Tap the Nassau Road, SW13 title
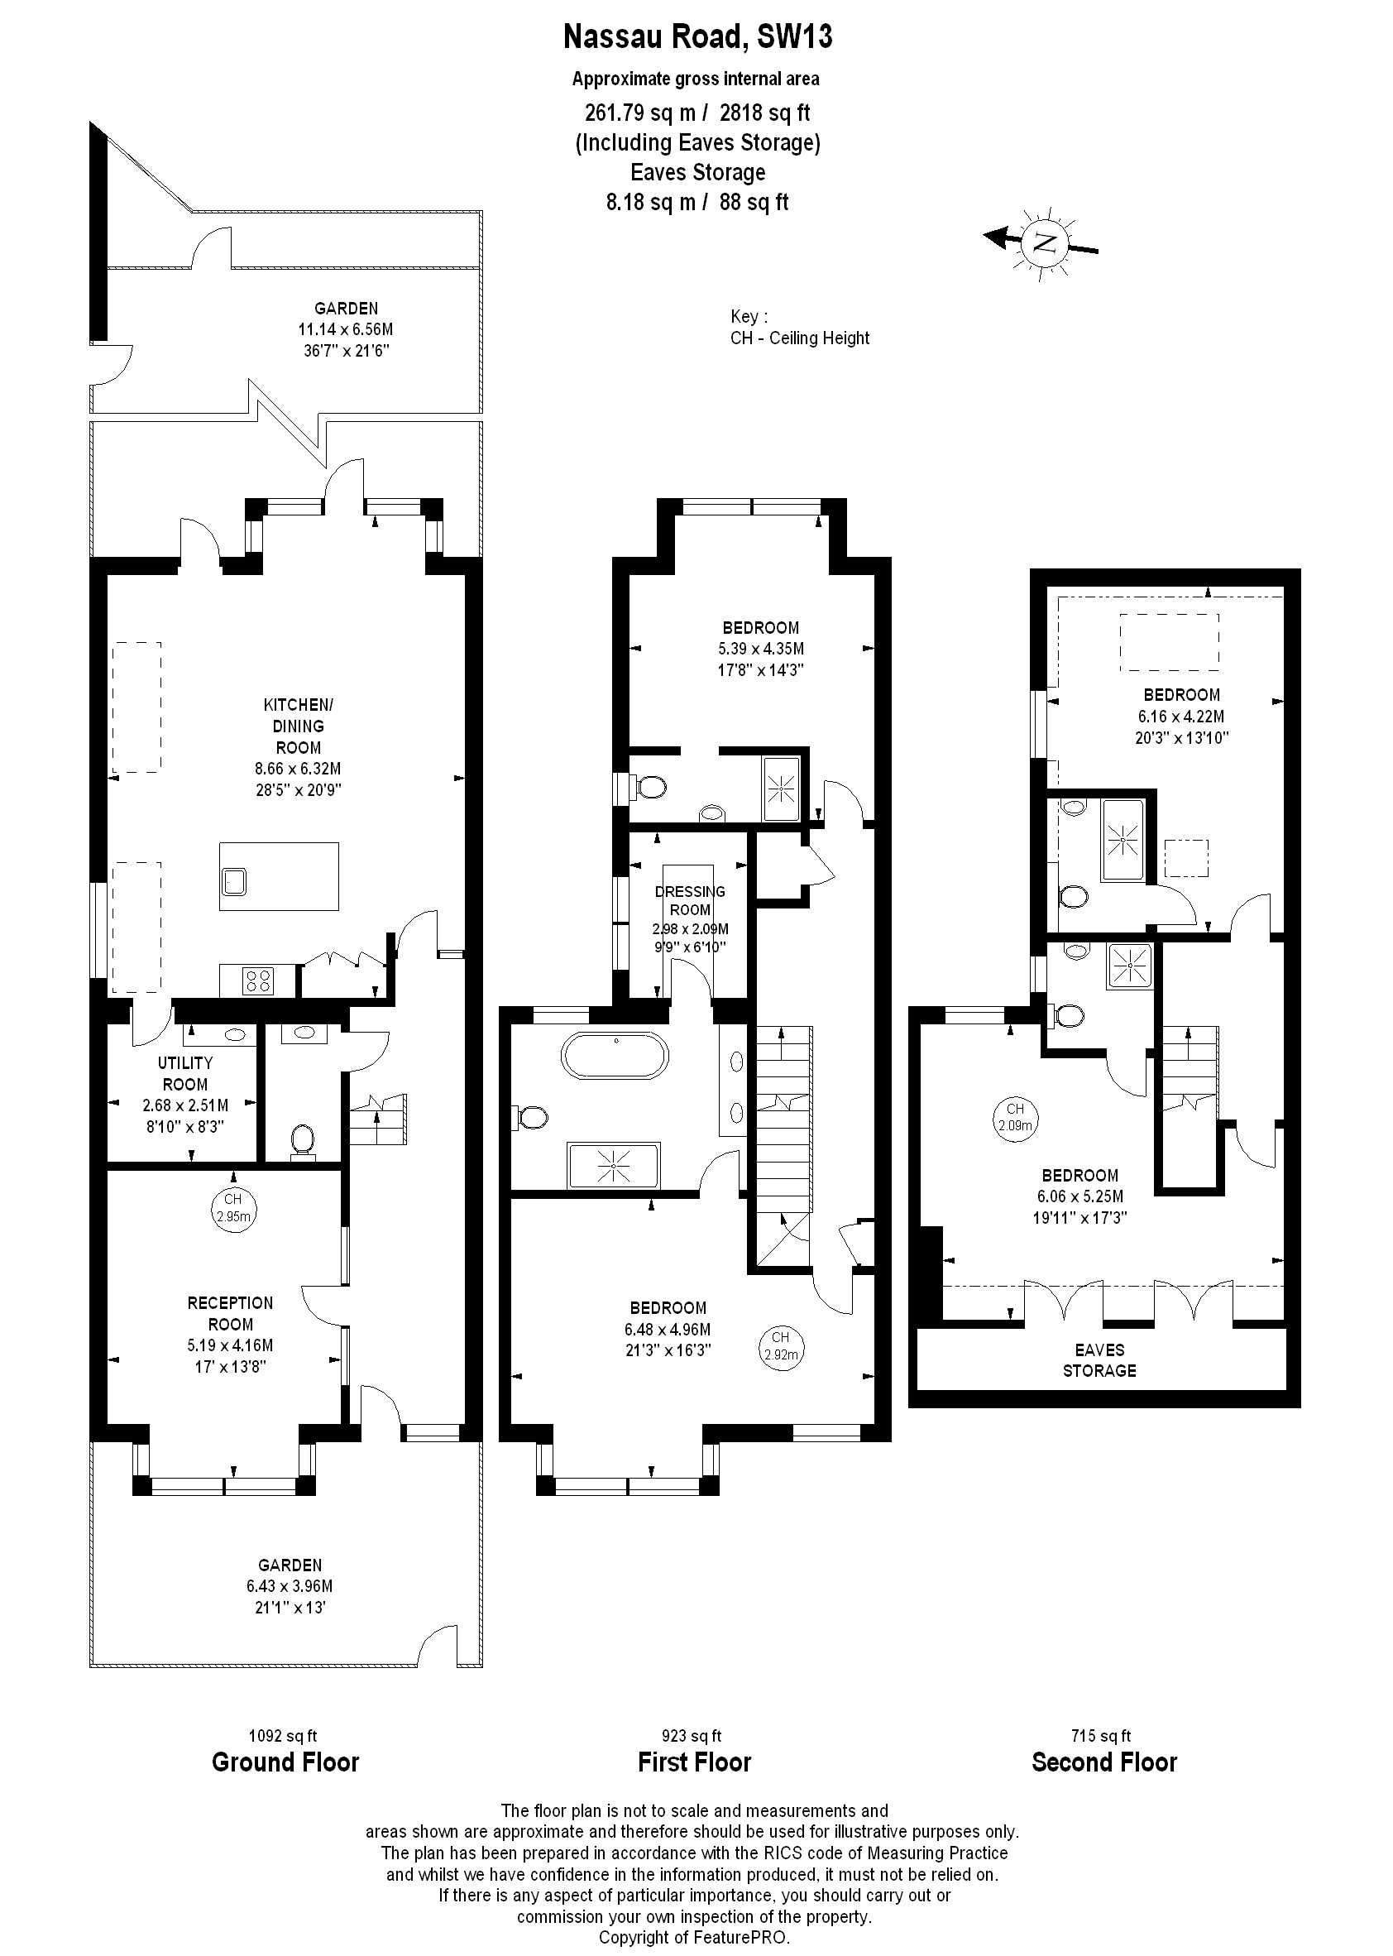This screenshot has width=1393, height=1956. tap(696, 37)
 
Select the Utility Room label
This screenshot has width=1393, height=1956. tap(185, 1073)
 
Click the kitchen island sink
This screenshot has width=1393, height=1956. tap(233, 880)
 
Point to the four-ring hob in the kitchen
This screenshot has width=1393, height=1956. tap(259, 980)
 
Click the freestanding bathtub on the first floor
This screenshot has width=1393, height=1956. tap(614, 1055)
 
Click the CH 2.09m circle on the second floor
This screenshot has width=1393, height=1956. tap(1015, 1118)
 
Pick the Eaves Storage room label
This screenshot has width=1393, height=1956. tap(1099, 1359)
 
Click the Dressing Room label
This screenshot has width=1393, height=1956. tap(690, 901)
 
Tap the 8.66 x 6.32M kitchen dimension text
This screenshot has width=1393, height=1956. tap(298, 769)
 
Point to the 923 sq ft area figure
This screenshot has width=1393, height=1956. tap(692, 1736)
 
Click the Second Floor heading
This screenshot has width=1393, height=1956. tap(1104, 1763)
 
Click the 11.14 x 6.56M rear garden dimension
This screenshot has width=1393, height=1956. tap(346, 329)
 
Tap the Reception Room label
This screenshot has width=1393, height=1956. tap(230, 1313)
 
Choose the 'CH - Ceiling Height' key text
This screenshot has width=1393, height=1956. tap(799, 338)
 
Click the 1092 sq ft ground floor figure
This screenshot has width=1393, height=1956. tap(283, 1736)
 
